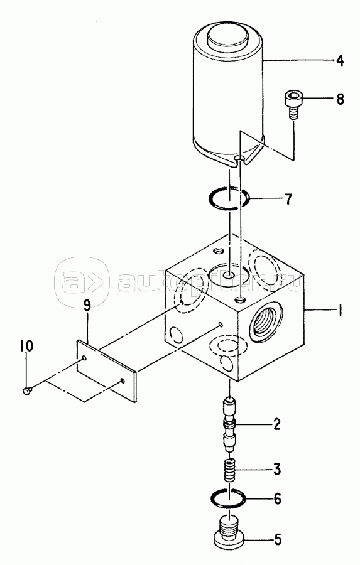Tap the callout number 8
pos(340,99)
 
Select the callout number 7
pos(288,199)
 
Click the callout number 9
pos(87,306)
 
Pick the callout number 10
pos(26,345)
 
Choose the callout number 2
pos(276,424)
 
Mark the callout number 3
pos(276,470)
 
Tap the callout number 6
pos(277,498)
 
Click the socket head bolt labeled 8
pos(293,104)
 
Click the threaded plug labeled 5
pos(228,535)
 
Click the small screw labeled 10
pos(27,390)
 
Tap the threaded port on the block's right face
pos(266,321)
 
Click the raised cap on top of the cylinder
pos(227,39)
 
